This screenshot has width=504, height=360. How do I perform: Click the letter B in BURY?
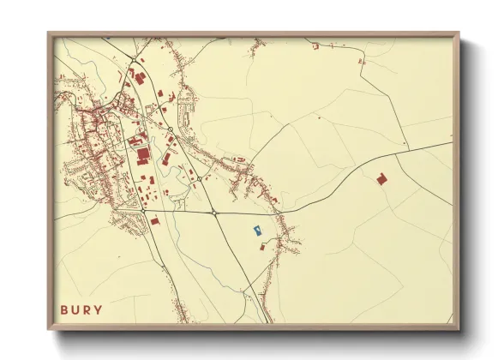[63, 309]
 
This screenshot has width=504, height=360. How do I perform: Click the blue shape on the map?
[256, 230]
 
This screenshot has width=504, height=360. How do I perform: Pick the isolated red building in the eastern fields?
[381, 178]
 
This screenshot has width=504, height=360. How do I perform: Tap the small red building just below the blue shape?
[263, 246]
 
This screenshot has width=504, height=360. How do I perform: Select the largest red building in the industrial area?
[143, 154]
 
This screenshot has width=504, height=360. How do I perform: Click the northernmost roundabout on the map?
[171, 130]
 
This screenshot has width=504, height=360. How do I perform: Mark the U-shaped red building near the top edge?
[315, 45]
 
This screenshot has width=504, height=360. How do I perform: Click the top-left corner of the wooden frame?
[49, 33]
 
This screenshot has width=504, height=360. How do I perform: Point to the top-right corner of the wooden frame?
[458, 33]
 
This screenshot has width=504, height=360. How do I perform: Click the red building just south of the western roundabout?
[155, 220]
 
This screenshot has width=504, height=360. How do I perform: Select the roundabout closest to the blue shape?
[213, 212]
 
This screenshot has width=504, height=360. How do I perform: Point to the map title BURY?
[81, 309]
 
